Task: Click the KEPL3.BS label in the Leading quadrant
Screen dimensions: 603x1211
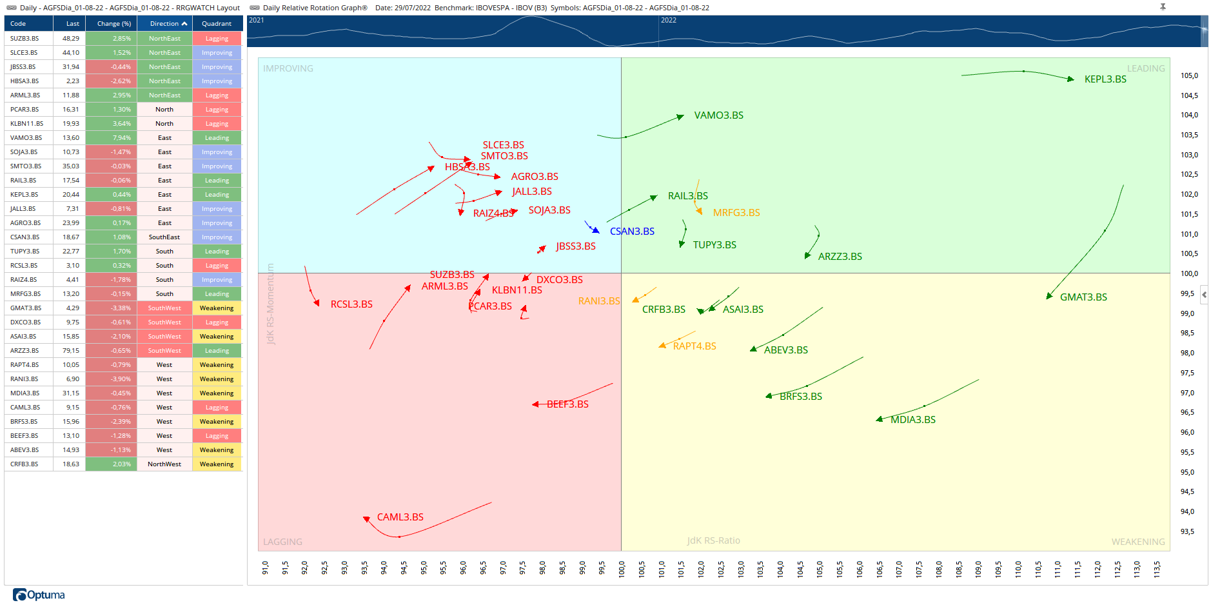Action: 1105,79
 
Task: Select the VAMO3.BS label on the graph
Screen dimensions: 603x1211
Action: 718,115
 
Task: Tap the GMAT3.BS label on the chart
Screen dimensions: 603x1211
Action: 1083,297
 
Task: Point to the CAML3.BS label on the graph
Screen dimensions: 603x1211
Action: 400,517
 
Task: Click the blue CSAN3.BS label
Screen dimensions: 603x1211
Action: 632,232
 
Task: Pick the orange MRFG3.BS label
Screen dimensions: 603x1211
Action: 736,213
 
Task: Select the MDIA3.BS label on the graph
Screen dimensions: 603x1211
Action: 912,420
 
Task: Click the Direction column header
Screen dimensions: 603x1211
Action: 164,24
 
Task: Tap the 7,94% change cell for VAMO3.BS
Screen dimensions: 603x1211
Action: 111,138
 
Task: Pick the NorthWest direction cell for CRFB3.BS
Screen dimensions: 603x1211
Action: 164,464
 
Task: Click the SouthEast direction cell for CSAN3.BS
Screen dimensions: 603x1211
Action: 164,237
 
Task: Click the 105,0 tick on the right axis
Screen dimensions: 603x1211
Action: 1189,76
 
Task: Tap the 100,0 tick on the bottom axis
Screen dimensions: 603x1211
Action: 622,568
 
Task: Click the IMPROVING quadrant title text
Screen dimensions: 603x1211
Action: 288,68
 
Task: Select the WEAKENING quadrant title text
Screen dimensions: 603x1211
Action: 1137,542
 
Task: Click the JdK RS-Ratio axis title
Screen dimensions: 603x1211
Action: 713,540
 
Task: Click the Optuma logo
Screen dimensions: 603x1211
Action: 39,595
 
